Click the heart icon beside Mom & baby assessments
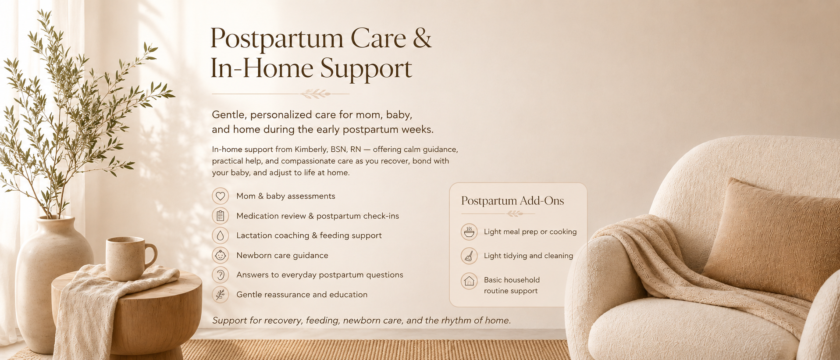(x=220, y=196)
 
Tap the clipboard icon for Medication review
(x=220, y=216)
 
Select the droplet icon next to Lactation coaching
(x=220, y=235)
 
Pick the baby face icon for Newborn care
(x=220, y=255)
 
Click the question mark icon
(x=220, y=275)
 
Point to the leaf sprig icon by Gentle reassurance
(x=220, y=295)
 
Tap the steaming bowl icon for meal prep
(x=469, y=232)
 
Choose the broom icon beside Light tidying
(x=469, y=256)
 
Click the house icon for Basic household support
(x=469, y=281)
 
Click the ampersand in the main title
(x=422, y=38)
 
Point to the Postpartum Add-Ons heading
(x=513, y=201)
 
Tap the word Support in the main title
(x=366, y=69)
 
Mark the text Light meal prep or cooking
(x=530, y=232)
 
